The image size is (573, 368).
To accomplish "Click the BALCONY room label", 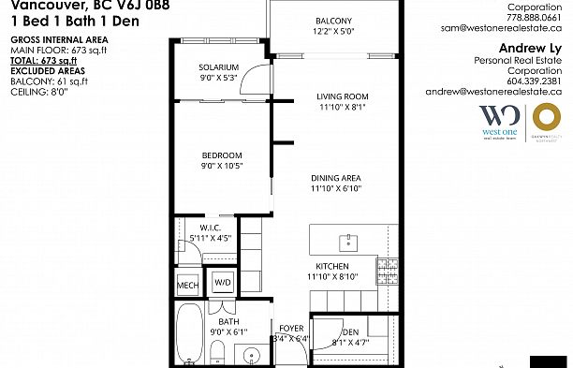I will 333,21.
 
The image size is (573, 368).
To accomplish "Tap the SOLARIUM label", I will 218,67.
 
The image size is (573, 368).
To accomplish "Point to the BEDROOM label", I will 222,155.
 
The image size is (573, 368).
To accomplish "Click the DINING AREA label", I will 336,178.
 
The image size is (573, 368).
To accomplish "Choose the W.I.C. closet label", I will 209,228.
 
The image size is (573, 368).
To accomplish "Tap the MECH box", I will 187,283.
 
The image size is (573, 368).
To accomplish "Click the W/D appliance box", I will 223,281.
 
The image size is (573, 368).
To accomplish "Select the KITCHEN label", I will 332,267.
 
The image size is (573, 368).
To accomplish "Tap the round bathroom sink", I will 250,355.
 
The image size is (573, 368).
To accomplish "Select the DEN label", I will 351,331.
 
